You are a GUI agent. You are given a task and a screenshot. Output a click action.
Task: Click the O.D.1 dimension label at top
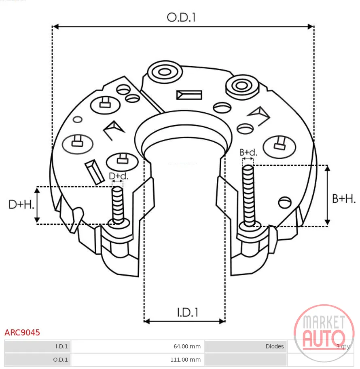point(181,18)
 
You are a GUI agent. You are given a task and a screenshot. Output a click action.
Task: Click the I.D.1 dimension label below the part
point(188,312)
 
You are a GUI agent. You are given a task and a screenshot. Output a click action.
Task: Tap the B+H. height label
point(344,199)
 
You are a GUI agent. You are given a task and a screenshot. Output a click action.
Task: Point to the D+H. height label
point(21,205)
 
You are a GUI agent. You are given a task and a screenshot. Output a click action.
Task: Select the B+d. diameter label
point(248,152)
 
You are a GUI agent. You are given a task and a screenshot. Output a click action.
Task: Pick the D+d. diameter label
point(119,176)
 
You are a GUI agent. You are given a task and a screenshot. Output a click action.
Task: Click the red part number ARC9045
point(22,333)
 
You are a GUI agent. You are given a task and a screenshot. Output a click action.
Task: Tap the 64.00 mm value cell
point(187,346)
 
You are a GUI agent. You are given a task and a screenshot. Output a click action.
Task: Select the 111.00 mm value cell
point(186,360)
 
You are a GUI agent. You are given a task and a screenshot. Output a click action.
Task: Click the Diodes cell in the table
point(275,346)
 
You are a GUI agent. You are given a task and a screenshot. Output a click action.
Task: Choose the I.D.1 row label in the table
point(61,346)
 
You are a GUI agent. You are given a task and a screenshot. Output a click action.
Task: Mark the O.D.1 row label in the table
point(60,360)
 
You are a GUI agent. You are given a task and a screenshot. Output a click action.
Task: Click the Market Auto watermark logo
point(324,333)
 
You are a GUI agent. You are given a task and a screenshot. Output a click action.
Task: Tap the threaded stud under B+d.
point(248,196)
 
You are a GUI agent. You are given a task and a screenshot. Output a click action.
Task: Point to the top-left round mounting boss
point(165,72)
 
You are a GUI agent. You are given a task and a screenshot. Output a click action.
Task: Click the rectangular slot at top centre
point(189,95)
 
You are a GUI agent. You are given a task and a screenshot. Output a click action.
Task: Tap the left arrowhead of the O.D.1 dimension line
point(55,27)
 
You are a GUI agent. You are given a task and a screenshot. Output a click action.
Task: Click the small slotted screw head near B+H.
point(285,202)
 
